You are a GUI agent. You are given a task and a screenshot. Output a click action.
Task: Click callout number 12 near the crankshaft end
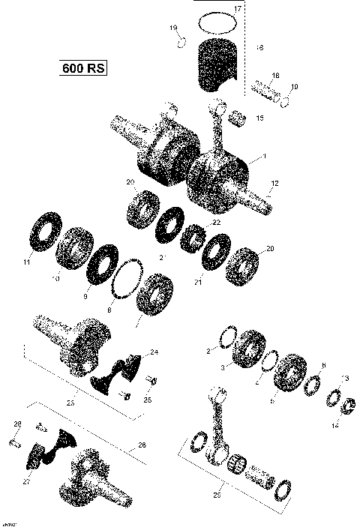[275, 184]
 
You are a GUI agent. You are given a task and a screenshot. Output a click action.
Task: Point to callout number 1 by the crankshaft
[263, 158]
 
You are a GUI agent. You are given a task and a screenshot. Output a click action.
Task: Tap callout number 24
[154, 352]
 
